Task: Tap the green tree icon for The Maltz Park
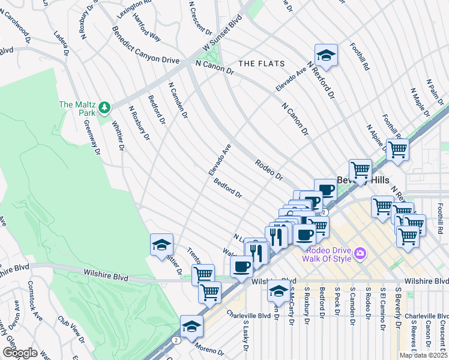pyautogui.click(x=106, y=107)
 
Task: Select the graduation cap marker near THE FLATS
pyautogui.click(x=326, y=55)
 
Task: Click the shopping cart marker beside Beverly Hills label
pyautogui.click(x=360, y=170)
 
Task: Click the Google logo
pyautogui.click(x=19, y=353)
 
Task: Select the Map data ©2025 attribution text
pyautogui.click(x=423, y=355)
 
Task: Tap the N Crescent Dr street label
pyautogui.click(x=200, y=17)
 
